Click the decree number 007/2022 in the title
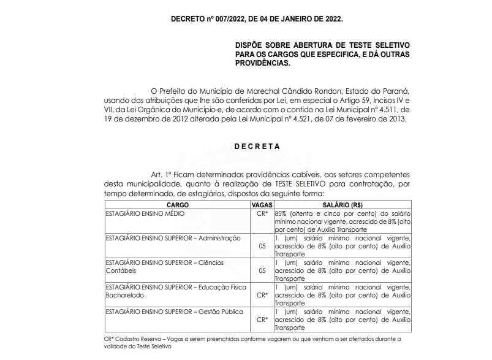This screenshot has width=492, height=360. [229, 20]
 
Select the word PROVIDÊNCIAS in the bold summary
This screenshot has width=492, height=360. [264, 63]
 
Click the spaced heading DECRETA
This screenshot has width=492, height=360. [257, 147]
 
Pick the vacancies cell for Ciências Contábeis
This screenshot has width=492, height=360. [262, 270]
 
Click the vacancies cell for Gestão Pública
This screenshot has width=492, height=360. [262, 319]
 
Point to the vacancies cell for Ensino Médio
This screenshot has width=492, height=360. [262, 213]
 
